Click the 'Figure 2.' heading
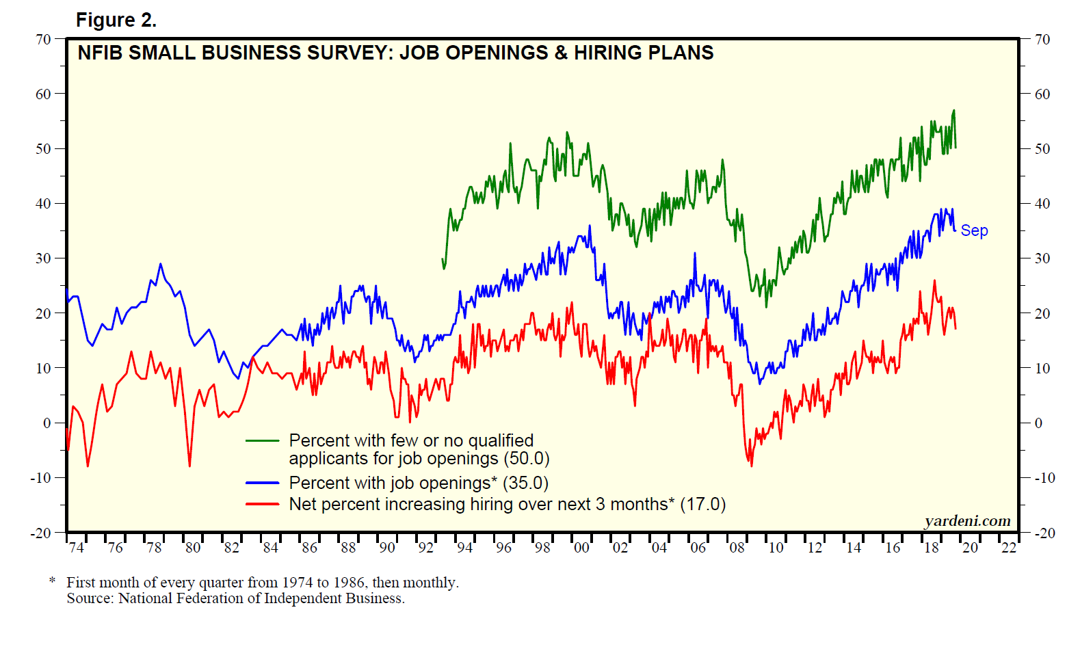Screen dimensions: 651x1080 point(116,21)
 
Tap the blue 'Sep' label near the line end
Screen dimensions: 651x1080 point(974,230)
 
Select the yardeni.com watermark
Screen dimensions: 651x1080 point(967,521)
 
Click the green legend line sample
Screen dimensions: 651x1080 point(263,441)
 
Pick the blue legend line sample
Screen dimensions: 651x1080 point(263,483)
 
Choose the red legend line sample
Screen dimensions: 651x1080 point(263,505)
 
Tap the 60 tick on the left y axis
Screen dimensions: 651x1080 point(43,94)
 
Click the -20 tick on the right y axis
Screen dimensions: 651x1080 point(1044,533)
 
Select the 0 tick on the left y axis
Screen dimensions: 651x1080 point(47,423)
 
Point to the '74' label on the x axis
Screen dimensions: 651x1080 point(77,548)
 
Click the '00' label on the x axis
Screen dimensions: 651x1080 point(581,548)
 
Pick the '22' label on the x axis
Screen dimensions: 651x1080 point(1009,548)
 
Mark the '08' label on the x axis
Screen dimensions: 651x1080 point(737,548)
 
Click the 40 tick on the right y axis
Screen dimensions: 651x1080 point(1042,204)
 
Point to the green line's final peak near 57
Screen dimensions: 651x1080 point(954,111)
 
